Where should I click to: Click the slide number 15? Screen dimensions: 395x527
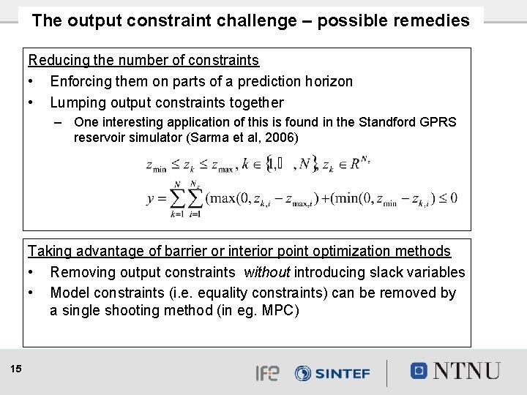(x=16, y=369)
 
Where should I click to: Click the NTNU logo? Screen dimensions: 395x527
(x=455, y=371)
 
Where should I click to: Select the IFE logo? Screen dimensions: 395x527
(x=266, y=373)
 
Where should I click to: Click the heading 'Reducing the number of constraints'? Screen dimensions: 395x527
(x=143, y=60)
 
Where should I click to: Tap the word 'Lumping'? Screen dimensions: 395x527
(x=76, y=102)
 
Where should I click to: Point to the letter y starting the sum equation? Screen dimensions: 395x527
(x=151, y=197)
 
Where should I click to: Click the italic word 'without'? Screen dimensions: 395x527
(x=267, y=272)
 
